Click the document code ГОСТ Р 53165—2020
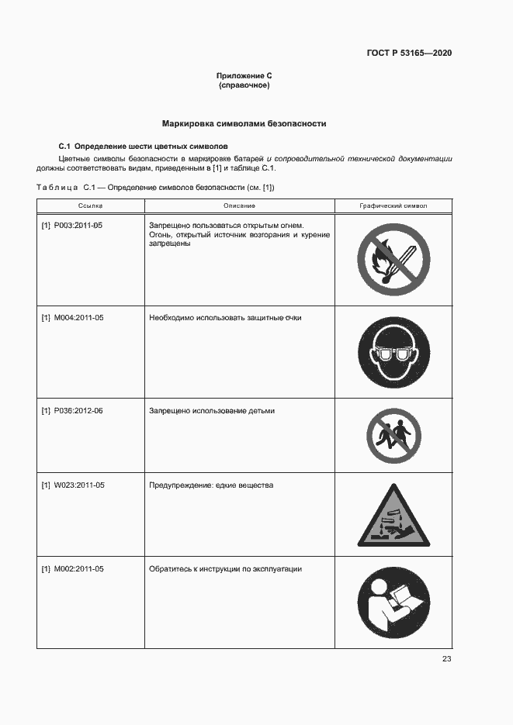(409, 54)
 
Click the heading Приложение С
(244, 76)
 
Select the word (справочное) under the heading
(244, 85)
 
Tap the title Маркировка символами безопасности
(244, 123)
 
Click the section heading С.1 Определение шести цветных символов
(144, 146)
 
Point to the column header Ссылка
(90, 205)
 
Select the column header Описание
(239, 205)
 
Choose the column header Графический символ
(393, 205)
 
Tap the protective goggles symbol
(393, 351)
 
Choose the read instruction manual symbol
(393, 603)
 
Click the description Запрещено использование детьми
(212, 411)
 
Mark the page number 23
(446, 659)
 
